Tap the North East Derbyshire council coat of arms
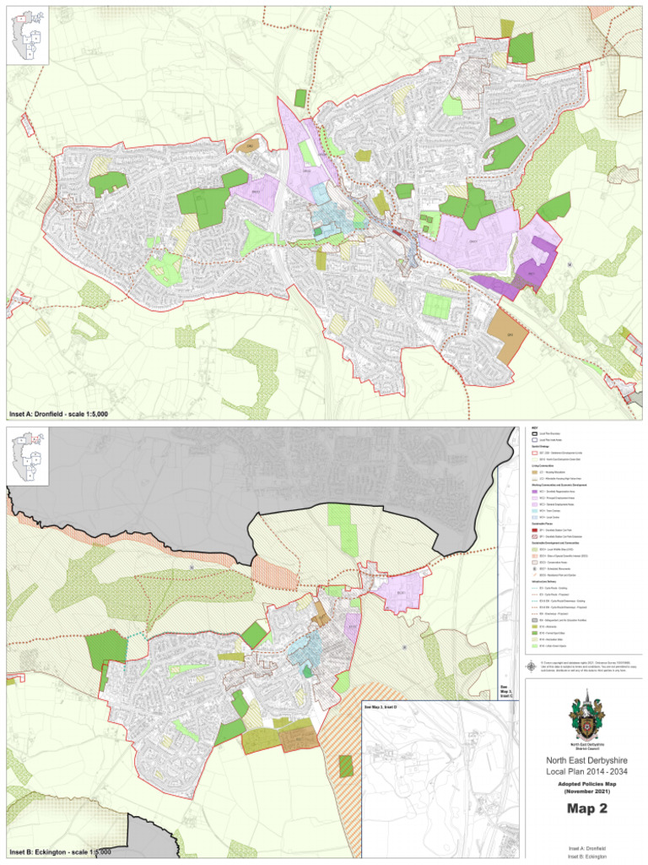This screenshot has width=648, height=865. point(586,715)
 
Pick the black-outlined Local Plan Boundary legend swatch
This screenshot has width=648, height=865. point(533,433)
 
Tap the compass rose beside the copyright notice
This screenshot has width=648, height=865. point(533,665)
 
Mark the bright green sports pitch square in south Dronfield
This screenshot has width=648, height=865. point(436,305)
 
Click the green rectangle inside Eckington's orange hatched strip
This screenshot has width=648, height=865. point(345,765)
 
